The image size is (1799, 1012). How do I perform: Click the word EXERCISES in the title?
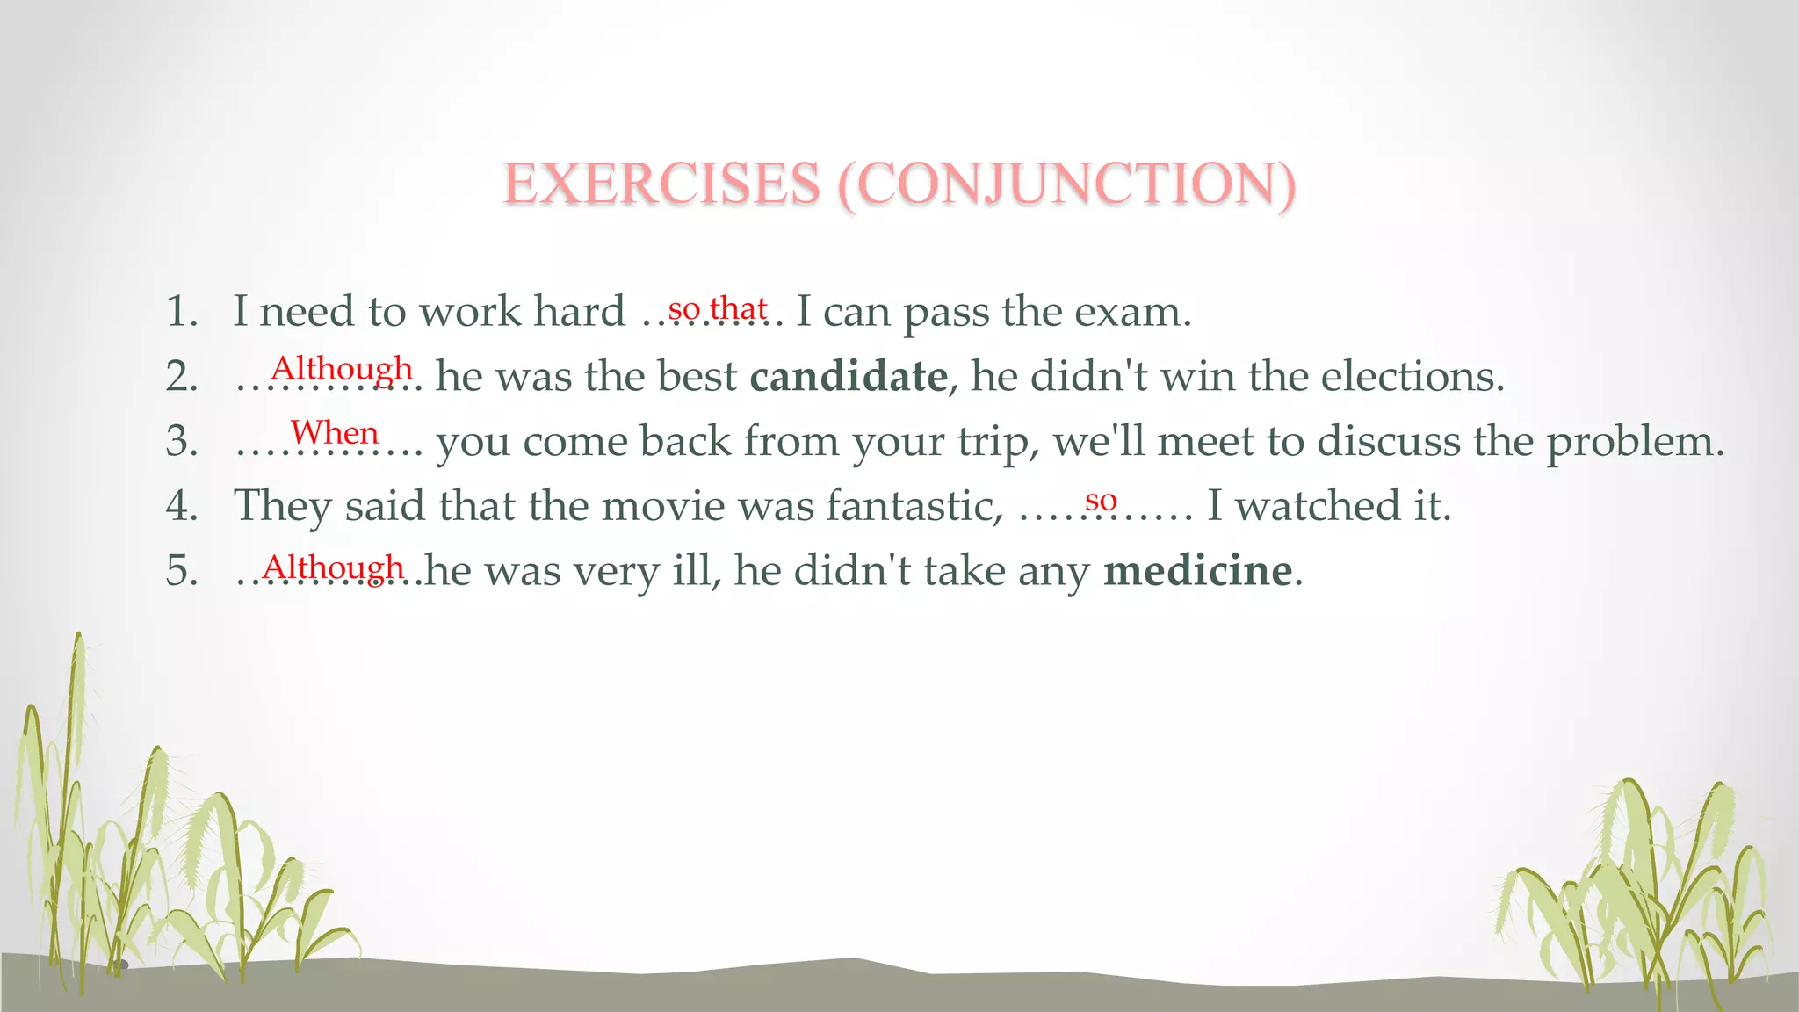pyautogui.click(x=661, y=184)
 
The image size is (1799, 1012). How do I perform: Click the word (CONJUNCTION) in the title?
pyautogui.click(x=1066, y=184)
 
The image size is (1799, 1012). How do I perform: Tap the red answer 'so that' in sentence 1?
pyautogui.click(x=718, y=309)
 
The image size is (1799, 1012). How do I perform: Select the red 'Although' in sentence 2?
pyautogui.click(x=342, y=368)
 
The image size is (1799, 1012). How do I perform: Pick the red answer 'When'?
pyautogui.click(x=335, y=432)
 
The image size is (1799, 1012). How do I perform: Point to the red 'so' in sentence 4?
pyautogui.click(x=1101, y=501)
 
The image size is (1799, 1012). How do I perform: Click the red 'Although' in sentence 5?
pyautogui.click(x=333, y=567)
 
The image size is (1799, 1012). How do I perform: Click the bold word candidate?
pyautogui.click(x=849, y=376)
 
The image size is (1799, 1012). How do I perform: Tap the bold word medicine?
pyautogui.click(x=1198, y=570)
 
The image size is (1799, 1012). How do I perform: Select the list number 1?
pyautogui.click(x=182, y=312)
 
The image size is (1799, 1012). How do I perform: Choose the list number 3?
pyautogui.click(x=182, y=441)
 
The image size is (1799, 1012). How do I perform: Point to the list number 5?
pyautogui.click(x=182, y=571)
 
